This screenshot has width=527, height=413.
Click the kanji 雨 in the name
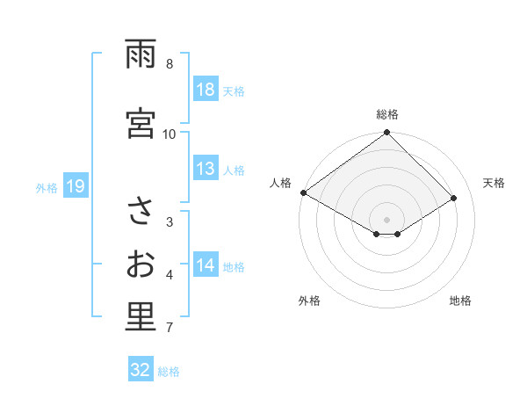point(141,54)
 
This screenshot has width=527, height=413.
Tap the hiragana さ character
point(141,212)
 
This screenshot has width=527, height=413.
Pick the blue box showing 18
point(205,90)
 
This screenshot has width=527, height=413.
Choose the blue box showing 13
point(205,169)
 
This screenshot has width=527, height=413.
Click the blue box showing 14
point(205,265)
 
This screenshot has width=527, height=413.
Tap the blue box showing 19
point(75,186)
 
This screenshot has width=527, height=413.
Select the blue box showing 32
point(141,370)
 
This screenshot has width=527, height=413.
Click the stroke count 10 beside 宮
point(170,134)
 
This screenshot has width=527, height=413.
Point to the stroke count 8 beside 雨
point(170,64)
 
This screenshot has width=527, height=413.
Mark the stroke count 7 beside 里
point(170,329)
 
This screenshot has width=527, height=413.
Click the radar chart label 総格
point(387,114)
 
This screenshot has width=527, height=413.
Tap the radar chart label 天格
point(495,183)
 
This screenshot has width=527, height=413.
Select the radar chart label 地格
point(460,301)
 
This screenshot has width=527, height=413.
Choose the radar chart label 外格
point(309,301)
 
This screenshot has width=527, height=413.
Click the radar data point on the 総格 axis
point(386,134)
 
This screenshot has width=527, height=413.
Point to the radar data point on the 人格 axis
point(303,192)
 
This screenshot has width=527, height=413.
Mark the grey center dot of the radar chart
point(386,218)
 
